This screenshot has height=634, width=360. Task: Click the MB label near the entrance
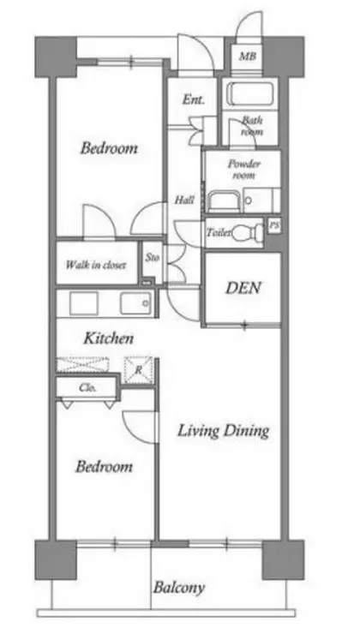coord(248,57)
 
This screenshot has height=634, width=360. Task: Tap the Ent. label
coord(193,99)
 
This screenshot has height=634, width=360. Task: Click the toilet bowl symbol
coord(246,232)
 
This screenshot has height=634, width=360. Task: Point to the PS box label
coord(274,226)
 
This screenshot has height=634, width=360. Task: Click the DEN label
coord(243,288)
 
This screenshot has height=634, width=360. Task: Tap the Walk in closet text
coord(96,266)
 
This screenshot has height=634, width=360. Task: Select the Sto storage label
coord(152,257)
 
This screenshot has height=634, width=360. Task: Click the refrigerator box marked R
coord(138,369)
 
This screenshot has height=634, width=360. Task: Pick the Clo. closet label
coord(87,388)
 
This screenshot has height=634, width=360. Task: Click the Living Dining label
coord(223,431)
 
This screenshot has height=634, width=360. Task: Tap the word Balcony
coord(179,588)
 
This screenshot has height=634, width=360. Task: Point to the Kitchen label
coord(108,338)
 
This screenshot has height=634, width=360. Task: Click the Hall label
coord(184,200)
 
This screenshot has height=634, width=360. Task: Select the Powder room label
coord(244,170)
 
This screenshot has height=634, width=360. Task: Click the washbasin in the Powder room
coord(225,200)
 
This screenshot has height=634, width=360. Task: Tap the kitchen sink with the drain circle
coord(135,303)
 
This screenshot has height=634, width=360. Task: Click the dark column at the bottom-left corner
coord(56,559)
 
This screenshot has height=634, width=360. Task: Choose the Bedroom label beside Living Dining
coord(104,467)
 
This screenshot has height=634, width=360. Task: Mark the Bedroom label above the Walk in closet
coord(109,148)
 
